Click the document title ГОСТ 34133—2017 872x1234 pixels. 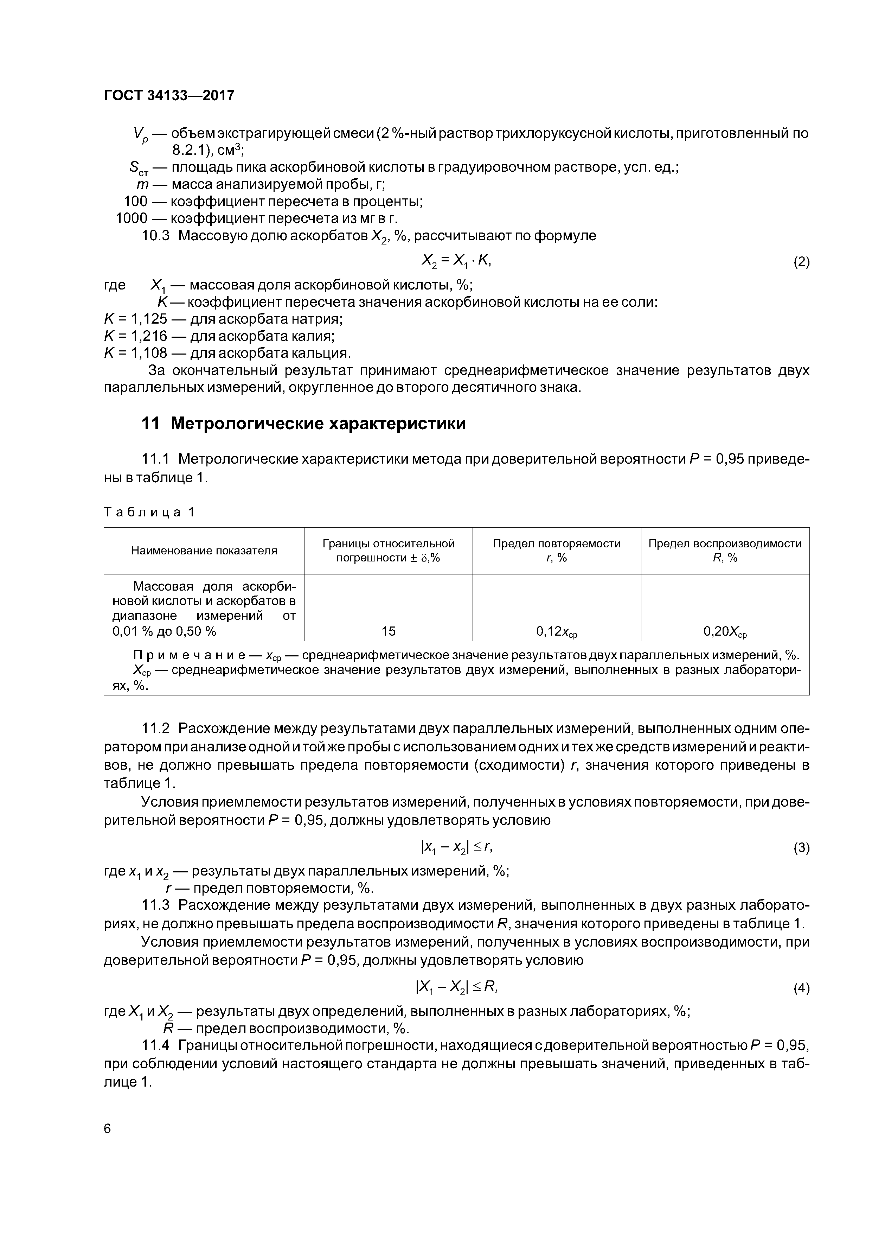pos(169,96)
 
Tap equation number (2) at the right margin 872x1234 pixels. pos(801,262)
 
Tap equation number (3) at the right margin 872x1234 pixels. pos(801,848)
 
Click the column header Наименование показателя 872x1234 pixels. pos(204,551)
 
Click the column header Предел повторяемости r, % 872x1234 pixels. pos(557,551)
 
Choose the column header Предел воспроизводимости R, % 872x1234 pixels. pos(725,551)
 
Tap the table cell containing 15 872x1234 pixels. pos(389,631)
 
